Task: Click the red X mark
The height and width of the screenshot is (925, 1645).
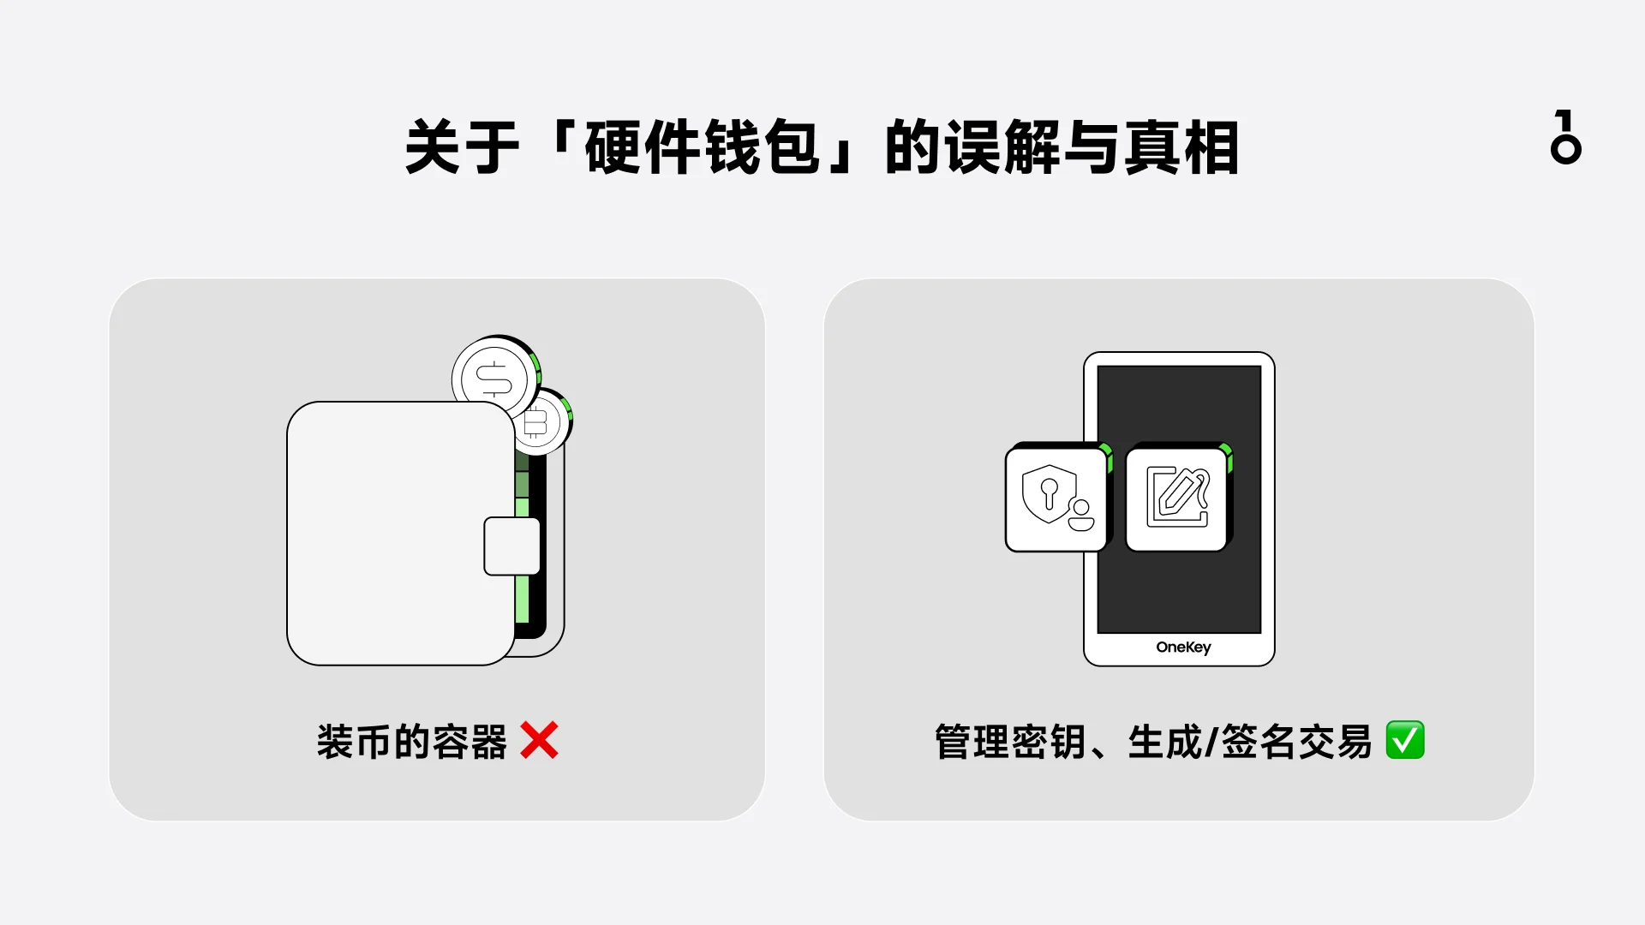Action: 539,741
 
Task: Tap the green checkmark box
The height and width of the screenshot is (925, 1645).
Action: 1405,740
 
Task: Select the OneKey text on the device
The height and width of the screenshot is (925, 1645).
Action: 1183,647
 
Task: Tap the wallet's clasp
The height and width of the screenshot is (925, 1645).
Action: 512,546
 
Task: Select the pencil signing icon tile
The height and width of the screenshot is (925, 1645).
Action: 1179,498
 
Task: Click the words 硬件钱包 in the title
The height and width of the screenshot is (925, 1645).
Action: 703,148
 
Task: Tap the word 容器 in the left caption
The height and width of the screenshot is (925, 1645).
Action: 470,742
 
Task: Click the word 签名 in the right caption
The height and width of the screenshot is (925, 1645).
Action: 1259,742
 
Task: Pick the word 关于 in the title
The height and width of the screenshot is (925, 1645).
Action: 463,148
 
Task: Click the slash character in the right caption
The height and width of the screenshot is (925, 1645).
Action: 1211,742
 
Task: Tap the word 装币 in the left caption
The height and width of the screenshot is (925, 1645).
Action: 354,742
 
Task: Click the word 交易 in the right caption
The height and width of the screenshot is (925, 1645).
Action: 1335,742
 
